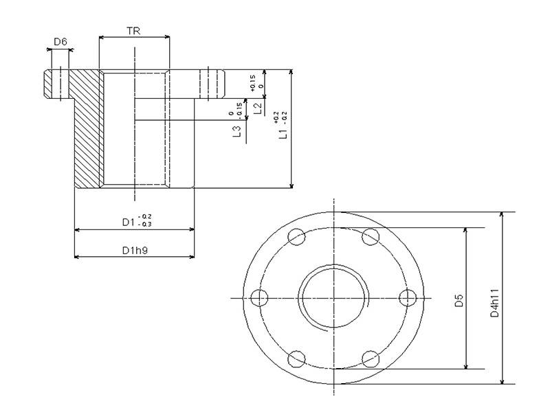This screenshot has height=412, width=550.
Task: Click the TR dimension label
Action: pos(134,30)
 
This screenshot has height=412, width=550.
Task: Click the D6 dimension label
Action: pos(60,43)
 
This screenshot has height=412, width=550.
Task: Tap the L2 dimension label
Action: pos(256,108)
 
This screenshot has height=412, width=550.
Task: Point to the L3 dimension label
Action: pos(236,130)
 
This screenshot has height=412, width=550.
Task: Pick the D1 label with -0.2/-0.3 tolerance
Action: pos(128,221)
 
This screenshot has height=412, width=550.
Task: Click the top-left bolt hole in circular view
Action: pos(297,237)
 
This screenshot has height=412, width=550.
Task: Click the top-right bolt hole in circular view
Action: pos(371,237)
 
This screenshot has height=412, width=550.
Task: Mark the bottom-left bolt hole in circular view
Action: pos(297,358)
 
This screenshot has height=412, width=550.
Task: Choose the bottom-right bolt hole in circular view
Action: pos(371,358)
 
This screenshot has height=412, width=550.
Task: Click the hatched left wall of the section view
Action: pos(88,130)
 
